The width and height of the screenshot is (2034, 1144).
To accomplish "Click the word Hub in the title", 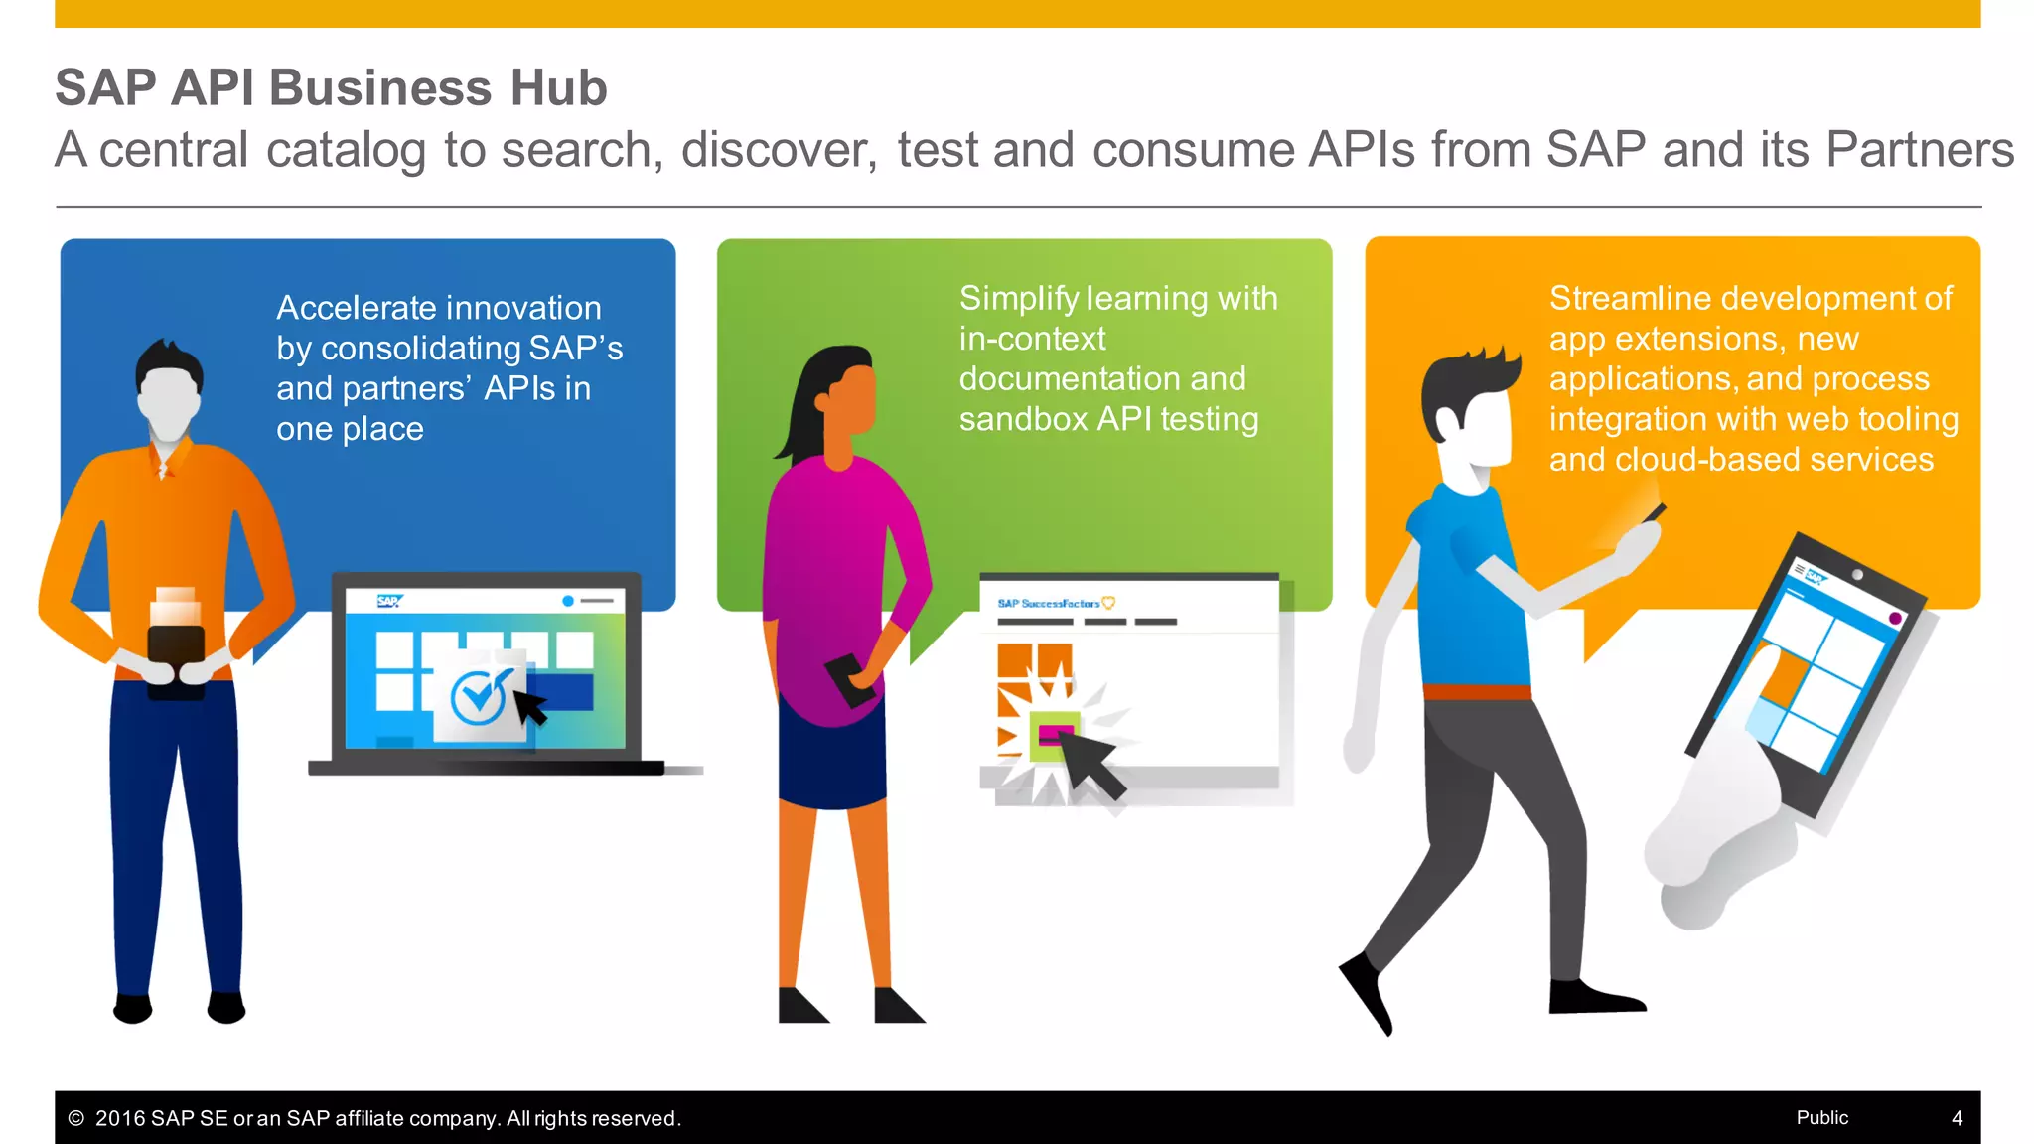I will click(557, 87).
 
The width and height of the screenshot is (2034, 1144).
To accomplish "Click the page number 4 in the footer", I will click(1957, 1118).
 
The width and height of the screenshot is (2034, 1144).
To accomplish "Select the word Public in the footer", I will click(1821, 1117).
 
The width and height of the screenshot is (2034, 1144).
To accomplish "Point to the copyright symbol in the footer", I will click(75, 1118).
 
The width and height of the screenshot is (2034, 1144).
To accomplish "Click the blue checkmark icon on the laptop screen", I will click(481, 696).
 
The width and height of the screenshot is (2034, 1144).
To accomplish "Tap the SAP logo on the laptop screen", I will click(389, 601).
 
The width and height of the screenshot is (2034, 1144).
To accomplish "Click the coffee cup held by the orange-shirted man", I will click(176, 645).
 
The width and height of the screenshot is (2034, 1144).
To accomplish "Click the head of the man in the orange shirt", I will click(169, 392).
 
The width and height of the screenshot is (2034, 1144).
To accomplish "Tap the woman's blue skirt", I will click(832, 755).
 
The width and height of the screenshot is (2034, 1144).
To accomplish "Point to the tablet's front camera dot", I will click(1856, 575).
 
